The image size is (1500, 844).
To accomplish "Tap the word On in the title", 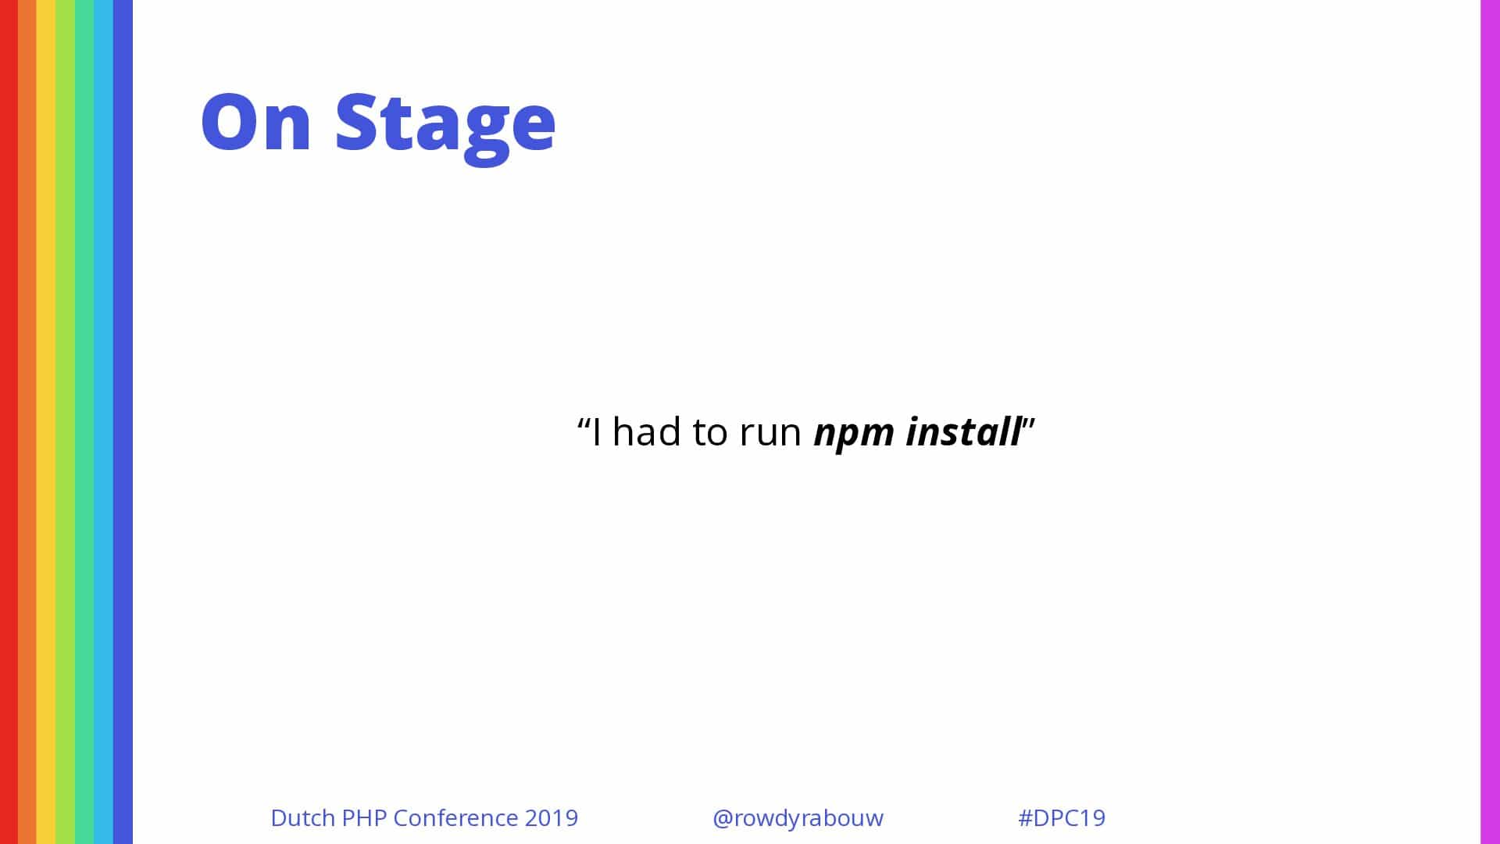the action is coord(256,122).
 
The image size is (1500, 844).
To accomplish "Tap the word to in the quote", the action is coord(710,432).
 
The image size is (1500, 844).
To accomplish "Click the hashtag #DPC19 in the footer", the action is coord(1062,817).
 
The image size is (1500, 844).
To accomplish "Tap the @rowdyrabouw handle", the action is coord(798,818).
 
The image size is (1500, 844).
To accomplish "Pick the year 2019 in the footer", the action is coord(552,817).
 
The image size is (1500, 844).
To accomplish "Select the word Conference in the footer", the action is coord(455,817).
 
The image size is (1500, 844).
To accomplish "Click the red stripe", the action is coord(9,422).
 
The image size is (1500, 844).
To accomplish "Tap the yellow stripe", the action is coord(46,422).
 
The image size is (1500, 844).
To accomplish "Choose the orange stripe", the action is coord(27,422).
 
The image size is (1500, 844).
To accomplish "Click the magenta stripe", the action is coord(1490,422).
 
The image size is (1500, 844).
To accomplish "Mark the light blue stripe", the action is coord(104,422).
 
